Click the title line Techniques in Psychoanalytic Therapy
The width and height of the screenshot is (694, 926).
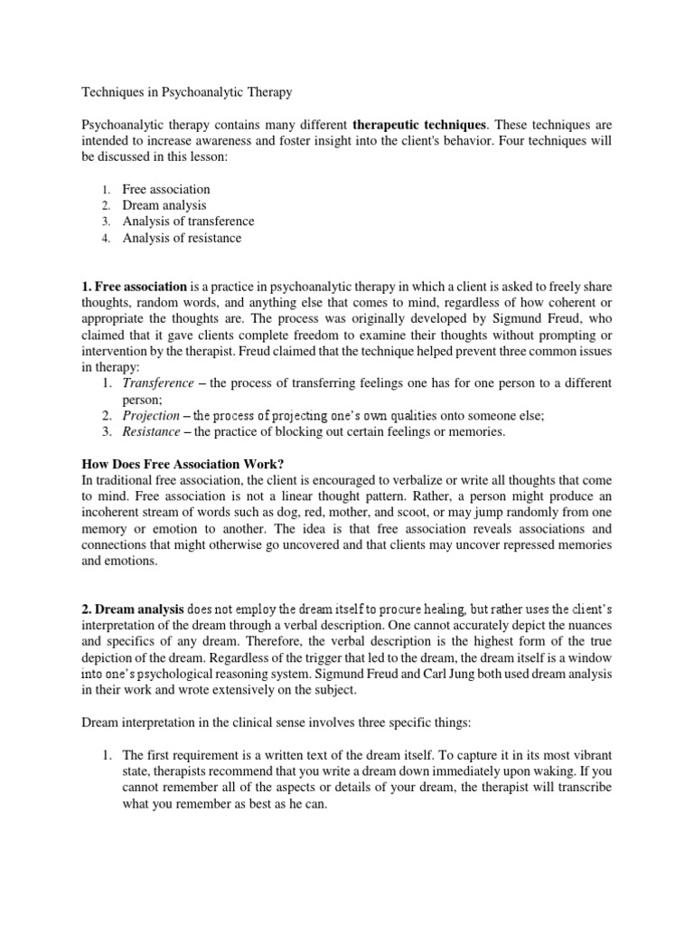tap(187, 91)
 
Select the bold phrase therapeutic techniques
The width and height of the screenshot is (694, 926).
tap(419, 123)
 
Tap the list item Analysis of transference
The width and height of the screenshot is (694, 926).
tap(188, 222)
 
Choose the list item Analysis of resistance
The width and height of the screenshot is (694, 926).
tap(182, 238)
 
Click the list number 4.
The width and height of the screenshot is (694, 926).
tap(105, 238)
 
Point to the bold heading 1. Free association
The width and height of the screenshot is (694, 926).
tap(135, 287)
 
